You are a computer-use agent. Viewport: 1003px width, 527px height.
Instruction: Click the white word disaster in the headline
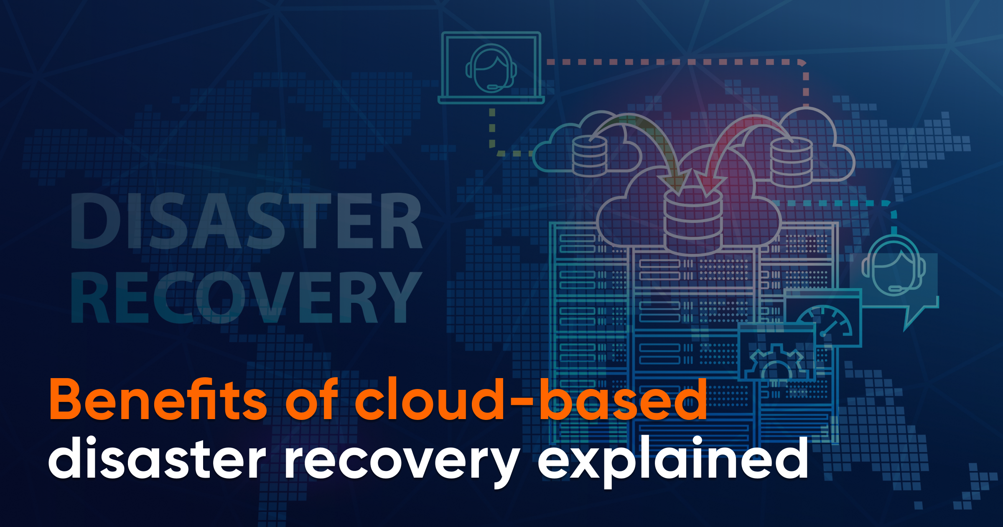pos(157,458)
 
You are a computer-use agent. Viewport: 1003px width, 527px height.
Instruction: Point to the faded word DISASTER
pos(246,221)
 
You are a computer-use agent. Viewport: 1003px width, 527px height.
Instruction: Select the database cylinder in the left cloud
pos(590,156)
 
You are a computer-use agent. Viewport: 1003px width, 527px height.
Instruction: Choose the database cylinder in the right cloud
pos(791,162)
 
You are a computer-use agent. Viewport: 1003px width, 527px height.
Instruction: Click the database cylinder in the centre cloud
pos(692,222)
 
